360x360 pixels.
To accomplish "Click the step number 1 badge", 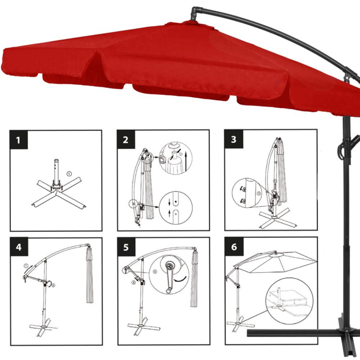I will pyautogui.click(x=19, y=140).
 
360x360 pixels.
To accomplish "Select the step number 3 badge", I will pyautogui.click(x=234, y=140).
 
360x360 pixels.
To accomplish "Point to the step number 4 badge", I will pyautogui.click(x=19, y=247).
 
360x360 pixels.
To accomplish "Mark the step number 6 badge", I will pyautogui.click(x=234, y=247).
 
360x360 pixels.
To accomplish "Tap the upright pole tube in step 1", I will pyautogui.click(x=58, y=172).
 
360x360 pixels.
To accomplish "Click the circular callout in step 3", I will pyautogui.click(x=246, y=193).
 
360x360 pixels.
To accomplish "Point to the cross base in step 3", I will pyautogui.click(x=278, y=218).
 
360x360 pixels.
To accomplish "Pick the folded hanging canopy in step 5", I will pyautogui.click(x=194, y=278).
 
